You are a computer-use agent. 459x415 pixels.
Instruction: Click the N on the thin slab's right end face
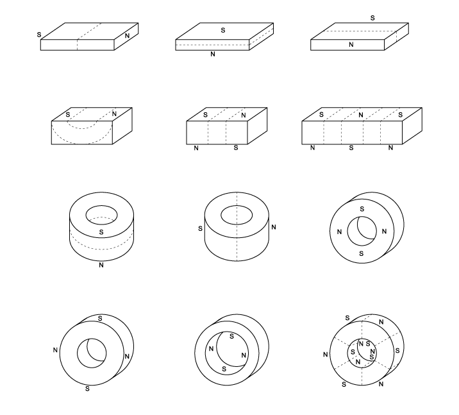click(127, 36)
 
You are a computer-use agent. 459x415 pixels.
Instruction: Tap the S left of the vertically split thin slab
click(39, 35)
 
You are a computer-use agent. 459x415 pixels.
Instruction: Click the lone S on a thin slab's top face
click(223, 30)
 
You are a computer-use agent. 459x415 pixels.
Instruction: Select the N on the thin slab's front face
click(351, 44)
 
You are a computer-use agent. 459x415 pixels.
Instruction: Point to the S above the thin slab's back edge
click(372, 18)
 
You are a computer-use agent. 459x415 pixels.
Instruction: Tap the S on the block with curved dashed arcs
click(68, 115)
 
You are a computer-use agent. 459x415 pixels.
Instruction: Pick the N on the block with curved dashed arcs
click(114, 114)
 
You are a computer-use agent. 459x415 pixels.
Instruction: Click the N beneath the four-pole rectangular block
click(196, 148)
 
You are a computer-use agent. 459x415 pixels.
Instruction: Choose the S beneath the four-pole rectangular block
click(236, 148)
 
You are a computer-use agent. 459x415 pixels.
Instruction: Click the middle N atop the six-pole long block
click(361, 115)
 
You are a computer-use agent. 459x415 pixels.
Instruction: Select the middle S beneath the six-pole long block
click(351, 148)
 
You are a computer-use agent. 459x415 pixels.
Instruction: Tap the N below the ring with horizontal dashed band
click(101, 265)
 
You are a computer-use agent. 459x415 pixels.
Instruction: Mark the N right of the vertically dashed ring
click(274, 227)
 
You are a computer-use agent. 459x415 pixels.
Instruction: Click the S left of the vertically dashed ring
click(200, 228)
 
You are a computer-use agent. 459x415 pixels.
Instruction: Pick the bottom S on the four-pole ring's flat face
click(361, 253)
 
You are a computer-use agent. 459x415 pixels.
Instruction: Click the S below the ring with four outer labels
click(87, 389)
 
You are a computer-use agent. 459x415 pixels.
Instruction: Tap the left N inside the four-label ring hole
click(211, 349)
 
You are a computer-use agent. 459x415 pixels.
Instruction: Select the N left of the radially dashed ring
click(326, 354)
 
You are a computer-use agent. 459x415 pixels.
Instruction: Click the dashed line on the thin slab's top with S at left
click(89, 31)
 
